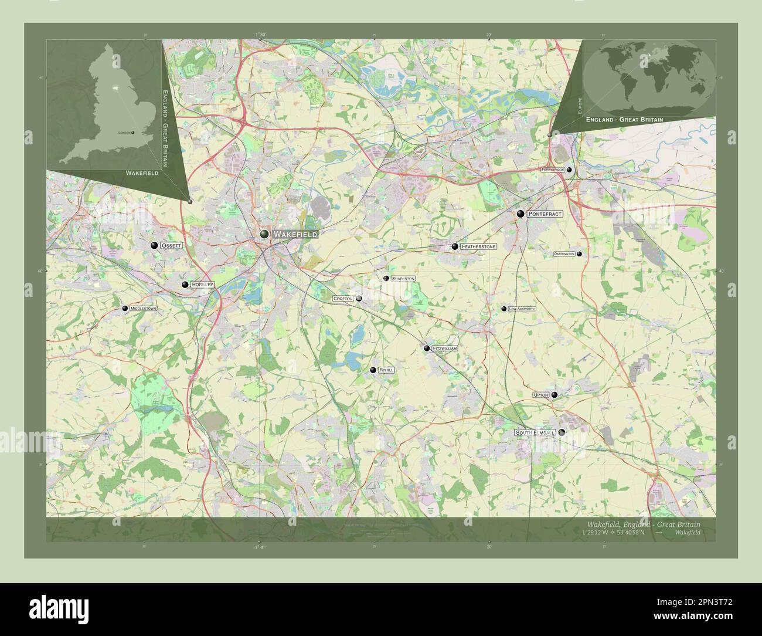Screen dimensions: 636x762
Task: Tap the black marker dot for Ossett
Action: (x=154, y=246)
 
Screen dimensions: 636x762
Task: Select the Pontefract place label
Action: (x=545, y=214)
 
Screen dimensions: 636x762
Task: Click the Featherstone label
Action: (x=478, y=246)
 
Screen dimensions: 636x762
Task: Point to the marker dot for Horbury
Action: (x=185, y=285)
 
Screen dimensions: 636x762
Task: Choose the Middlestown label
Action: (x=143, y=308)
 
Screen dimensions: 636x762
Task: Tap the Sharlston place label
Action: (x=403, y=279)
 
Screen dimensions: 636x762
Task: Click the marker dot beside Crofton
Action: (x=359, y=299)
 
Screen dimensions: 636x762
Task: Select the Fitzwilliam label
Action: (x=444, y=349)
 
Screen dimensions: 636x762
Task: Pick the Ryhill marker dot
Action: (x=373, y=370)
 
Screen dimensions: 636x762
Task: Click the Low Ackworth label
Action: (x=522, y=309)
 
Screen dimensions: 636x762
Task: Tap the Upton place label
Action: (x=540, y=395)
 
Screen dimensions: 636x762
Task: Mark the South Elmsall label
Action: (x=535, y=432)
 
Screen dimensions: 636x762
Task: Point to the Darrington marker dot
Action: (x=579, y=254)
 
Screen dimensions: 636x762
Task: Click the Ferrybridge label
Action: (x=553, y=169)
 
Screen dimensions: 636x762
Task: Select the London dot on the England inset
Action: (x=133, y=133)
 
